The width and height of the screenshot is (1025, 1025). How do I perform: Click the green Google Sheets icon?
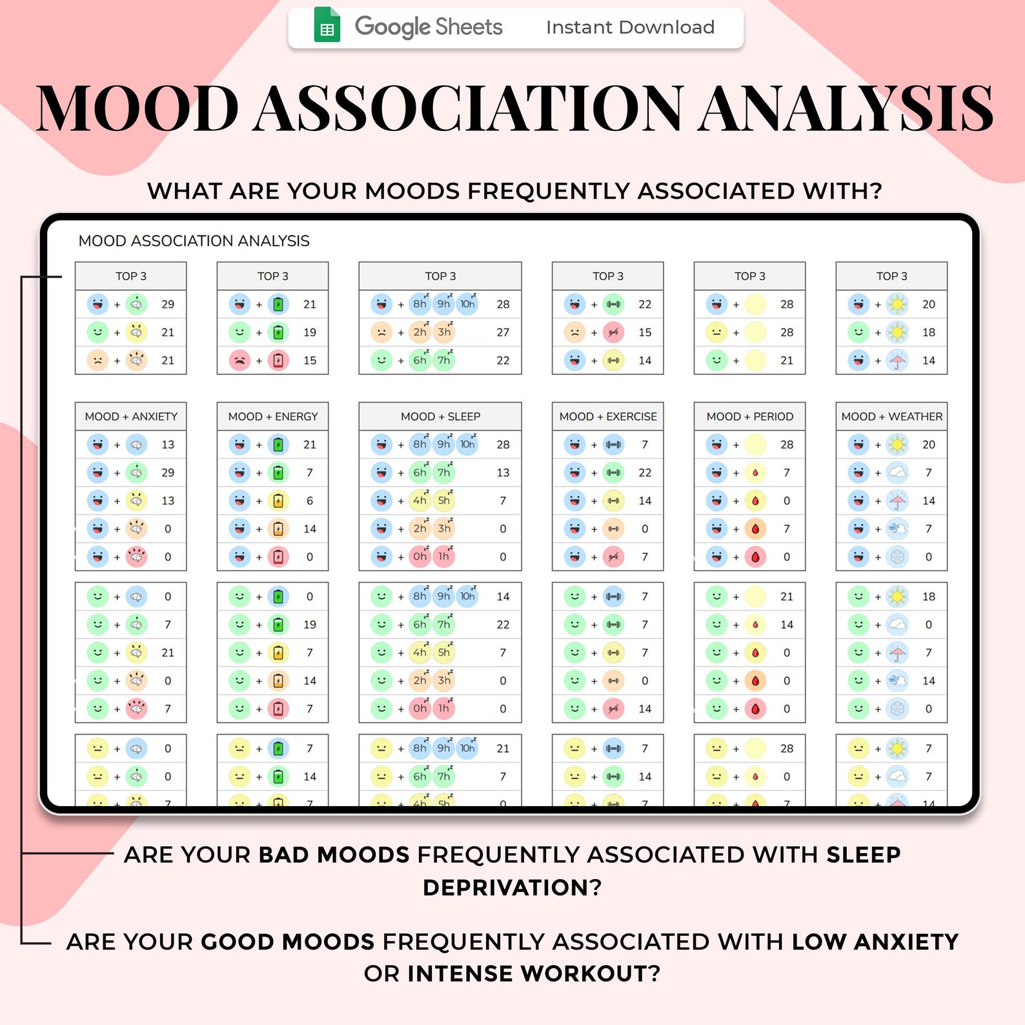(327, 26)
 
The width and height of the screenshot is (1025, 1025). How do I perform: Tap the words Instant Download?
(630, 27)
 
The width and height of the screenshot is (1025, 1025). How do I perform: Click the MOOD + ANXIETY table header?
(131, 416)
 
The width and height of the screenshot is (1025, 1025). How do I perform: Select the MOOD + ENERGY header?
(273, 416)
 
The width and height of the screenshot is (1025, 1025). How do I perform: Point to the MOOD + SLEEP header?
(440, 416)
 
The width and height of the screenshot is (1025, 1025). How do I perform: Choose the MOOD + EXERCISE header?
(608, 416)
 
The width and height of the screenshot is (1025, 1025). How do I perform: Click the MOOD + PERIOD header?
(749, 416)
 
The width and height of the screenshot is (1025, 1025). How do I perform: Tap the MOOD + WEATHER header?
(891, 416)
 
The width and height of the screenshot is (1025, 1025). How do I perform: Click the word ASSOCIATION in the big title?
(467, 108)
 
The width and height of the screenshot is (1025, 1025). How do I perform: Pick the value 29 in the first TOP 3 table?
(168, 304)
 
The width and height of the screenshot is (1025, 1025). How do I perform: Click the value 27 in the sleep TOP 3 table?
(503, 332)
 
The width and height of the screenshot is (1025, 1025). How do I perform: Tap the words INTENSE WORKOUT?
(534, 973)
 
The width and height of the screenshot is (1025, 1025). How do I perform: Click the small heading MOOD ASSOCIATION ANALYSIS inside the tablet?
(194, 241)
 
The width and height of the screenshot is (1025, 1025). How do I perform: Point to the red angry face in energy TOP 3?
(239, 360)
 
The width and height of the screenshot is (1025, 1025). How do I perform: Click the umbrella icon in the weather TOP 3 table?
(898, 360)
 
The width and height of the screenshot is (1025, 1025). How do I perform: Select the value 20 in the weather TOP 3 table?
(929, 304)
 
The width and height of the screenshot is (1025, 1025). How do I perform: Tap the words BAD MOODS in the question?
(334, 855)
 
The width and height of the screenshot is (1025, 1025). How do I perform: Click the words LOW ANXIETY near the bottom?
(875, 942)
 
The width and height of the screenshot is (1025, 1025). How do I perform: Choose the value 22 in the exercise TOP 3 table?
(645, 304)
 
